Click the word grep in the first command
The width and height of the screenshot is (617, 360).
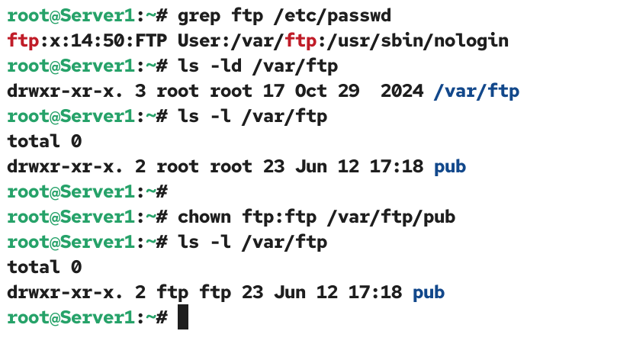click(199, 17)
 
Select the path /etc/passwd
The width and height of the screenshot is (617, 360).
click(332, 16)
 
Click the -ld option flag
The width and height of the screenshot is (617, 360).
click(226, 66)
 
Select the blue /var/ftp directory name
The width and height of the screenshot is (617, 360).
click(476, 92)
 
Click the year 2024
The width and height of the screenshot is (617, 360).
click(402, 91)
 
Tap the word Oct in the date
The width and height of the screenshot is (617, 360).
click(311, 91)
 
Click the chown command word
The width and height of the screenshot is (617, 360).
click(204, 217)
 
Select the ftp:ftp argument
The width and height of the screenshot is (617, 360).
click(279, 217)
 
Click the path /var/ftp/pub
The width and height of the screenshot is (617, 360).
click(391, 217)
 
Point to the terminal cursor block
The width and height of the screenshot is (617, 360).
click(183, 317)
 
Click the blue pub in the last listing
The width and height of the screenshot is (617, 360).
click(429, 293)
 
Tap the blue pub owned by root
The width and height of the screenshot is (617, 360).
click(450, 167)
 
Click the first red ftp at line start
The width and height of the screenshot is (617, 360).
click(23, 41)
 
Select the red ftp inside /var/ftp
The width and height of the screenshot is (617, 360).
click(300, 41)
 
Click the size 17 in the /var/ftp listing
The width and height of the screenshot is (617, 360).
click(274, 91)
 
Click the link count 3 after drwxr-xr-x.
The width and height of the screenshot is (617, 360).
click(140, 91)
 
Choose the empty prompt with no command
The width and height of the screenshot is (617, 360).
click(88, 192)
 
